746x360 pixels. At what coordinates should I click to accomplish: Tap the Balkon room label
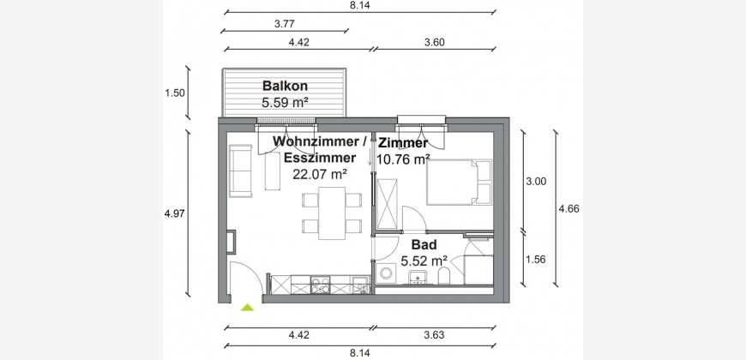pyautogui.click(x=285, y=86)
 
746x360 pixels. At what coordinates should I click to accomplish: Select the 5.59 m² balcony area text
pyautogui.click(x=285, y=102)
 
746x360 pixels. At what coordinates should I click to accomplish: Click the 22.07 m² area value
pyautogui.click(x=320, y=174)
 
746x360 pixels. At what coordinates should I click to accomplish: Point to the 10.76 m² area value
pyautogui.click(x=404, y=159)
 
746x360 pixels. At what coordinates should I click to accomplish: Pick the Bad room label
pyautogui.click(x=424, y=245)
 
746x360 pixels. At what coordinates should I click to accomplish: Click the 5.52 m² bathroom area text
pyautogui.click(x=424, y=261)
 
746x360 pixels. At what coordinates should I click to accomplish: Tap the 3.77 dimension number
pyautogui.click(x=285, y=23)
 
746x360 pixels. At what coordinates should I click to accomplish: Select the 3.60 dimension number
pyautogui.click(x=434, y=42)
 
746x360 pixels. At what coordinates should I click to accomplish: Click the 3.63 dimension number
pyautogui.click(x=434, y=335)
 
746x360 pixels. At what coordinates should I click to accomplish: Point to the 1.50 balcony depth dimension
pyautogui.click(x=175, y=93)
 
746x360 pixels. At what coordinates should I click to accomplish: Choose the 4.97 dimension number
pyautogui.click(x=175, y=213)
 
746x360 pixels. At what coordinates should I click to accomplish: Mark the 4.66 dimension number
pyautogui.click(x=569, y=208)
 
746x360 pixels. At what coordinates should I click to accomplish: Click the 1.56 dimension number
pyautogui.click(x=536, y=260)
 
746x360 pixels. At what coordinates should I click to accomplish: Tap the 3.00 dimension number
pyautogui.click(x=536, y=181)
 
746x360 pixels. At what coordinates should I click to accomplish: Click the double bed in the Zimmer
pyautogui.click(x=459, y=182)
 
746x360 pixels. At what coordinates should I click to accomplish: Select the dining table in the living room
pyautogui.click(x=332, y=213)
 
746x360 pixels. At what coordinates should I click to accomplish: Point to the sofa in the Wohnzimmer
pyautogui.click(x=241, y=171)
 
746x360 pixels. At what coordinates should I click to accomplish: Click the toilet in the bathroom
pyautogui.click(x=444, y=275)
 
